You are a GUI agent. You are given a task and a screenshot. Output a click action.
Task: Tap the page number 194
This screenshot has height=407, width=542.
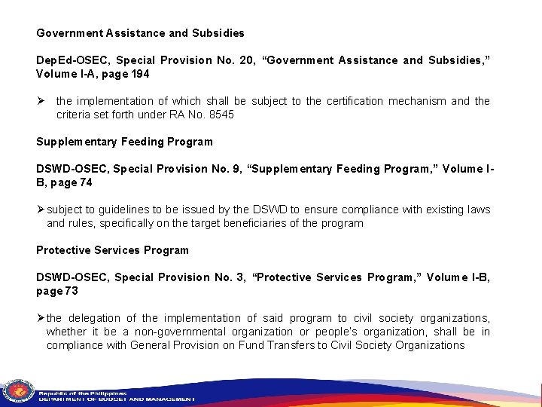click(140, 74)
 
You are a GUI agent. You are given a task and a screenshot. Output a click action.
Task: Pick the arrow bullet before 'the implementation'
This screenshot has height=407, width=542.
click(41, 101)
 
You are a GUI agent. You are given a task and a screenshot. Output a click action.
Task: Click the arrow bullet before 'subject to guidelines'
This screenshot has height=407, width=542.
click(41, 210)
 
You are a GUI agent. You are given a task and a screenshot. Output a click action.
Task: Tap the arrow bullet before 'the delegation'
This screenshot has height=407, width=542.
click(41, 318)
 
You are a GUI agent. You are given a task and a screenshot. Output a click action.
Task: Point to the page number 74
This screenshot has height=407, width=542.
click(86, 182)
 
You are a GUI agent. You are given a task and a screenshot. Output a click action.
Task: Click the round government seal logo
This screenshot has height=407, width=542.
click(18, 390)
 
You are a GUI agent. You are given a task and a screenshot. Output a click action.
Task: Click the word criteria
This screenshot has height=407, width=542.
click(75, 115)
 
